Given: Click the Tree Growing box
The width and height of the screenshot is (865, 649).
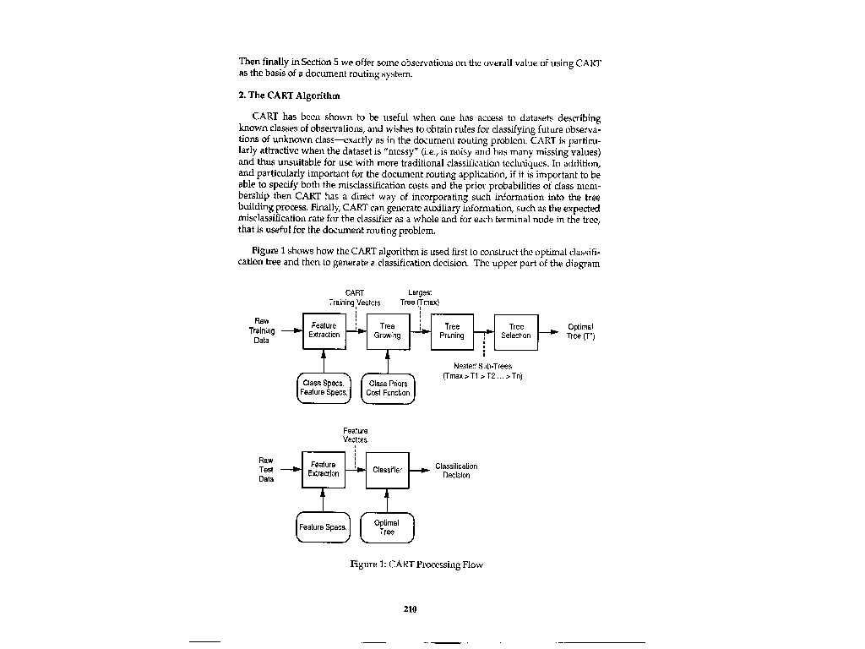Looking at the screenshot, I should click(x=387, y=330).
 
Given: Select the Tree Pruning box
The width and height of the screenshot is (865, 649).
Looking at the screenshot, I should click(x=452, y=330).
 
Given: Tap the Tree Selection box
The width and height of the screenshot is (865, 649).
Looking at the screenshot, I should click(x=516, y=330).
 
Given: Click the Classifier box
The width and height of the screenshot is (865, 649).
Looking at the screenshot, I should click(x=387, y=470).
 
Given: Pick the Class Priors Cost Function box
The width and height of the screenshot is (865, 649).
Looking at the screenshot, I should click(x=389, y=388).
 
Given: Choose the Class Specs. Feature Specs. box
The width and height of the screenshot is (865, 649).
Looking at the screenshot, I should click(x=324, y=388).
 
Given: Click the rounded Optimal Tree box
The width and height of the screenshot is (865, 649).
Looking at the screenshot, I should click(x=387, y=527).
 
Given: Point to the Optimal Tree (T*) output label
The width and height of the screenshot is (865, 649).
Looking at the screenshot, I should click(x=580, y=330).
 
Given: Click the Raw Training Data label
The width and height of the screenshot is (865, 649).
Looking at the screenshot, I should click(x=262, y=330).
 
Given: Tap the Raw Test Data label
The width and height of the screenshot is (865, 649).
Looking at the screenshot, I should click(x=266, y=470).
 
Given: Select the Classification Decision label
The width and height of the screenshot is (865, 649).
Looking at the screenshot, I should click(x=456, y=470).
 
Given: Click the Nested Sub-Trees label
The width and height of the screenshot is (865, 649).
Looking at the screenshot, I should click(x=482, y=370).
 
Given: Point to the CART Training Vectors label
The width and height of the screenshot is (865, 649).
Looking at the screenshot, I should click(x=355, y=297).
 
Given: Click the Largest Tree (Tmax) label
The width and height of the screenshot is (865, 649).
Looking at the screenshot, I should click(x=420, y=297).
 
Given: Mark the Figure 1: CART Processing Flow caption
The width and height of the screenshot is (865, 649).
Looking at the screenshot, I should click(x=416, y=564).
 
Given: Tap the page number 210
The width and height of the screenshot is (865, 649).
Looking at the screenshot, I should click(x=411, y=608).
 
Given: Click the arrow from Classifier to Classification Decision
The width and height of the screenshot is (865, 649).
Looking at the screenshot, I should click(x=419, y=470).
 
